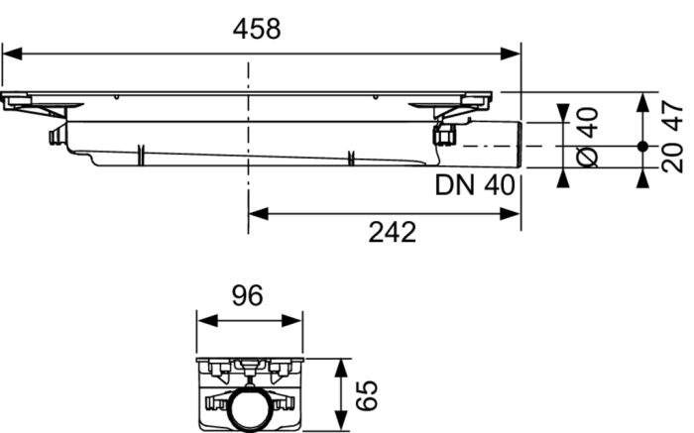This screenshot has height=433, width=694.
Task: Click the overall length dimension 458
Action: tap(258, 29)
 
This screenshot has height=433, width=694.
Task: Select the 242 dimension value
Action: tap(389, 232)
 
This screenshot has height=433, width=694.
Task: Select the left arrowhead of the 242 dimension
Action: tap(256, 210)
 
